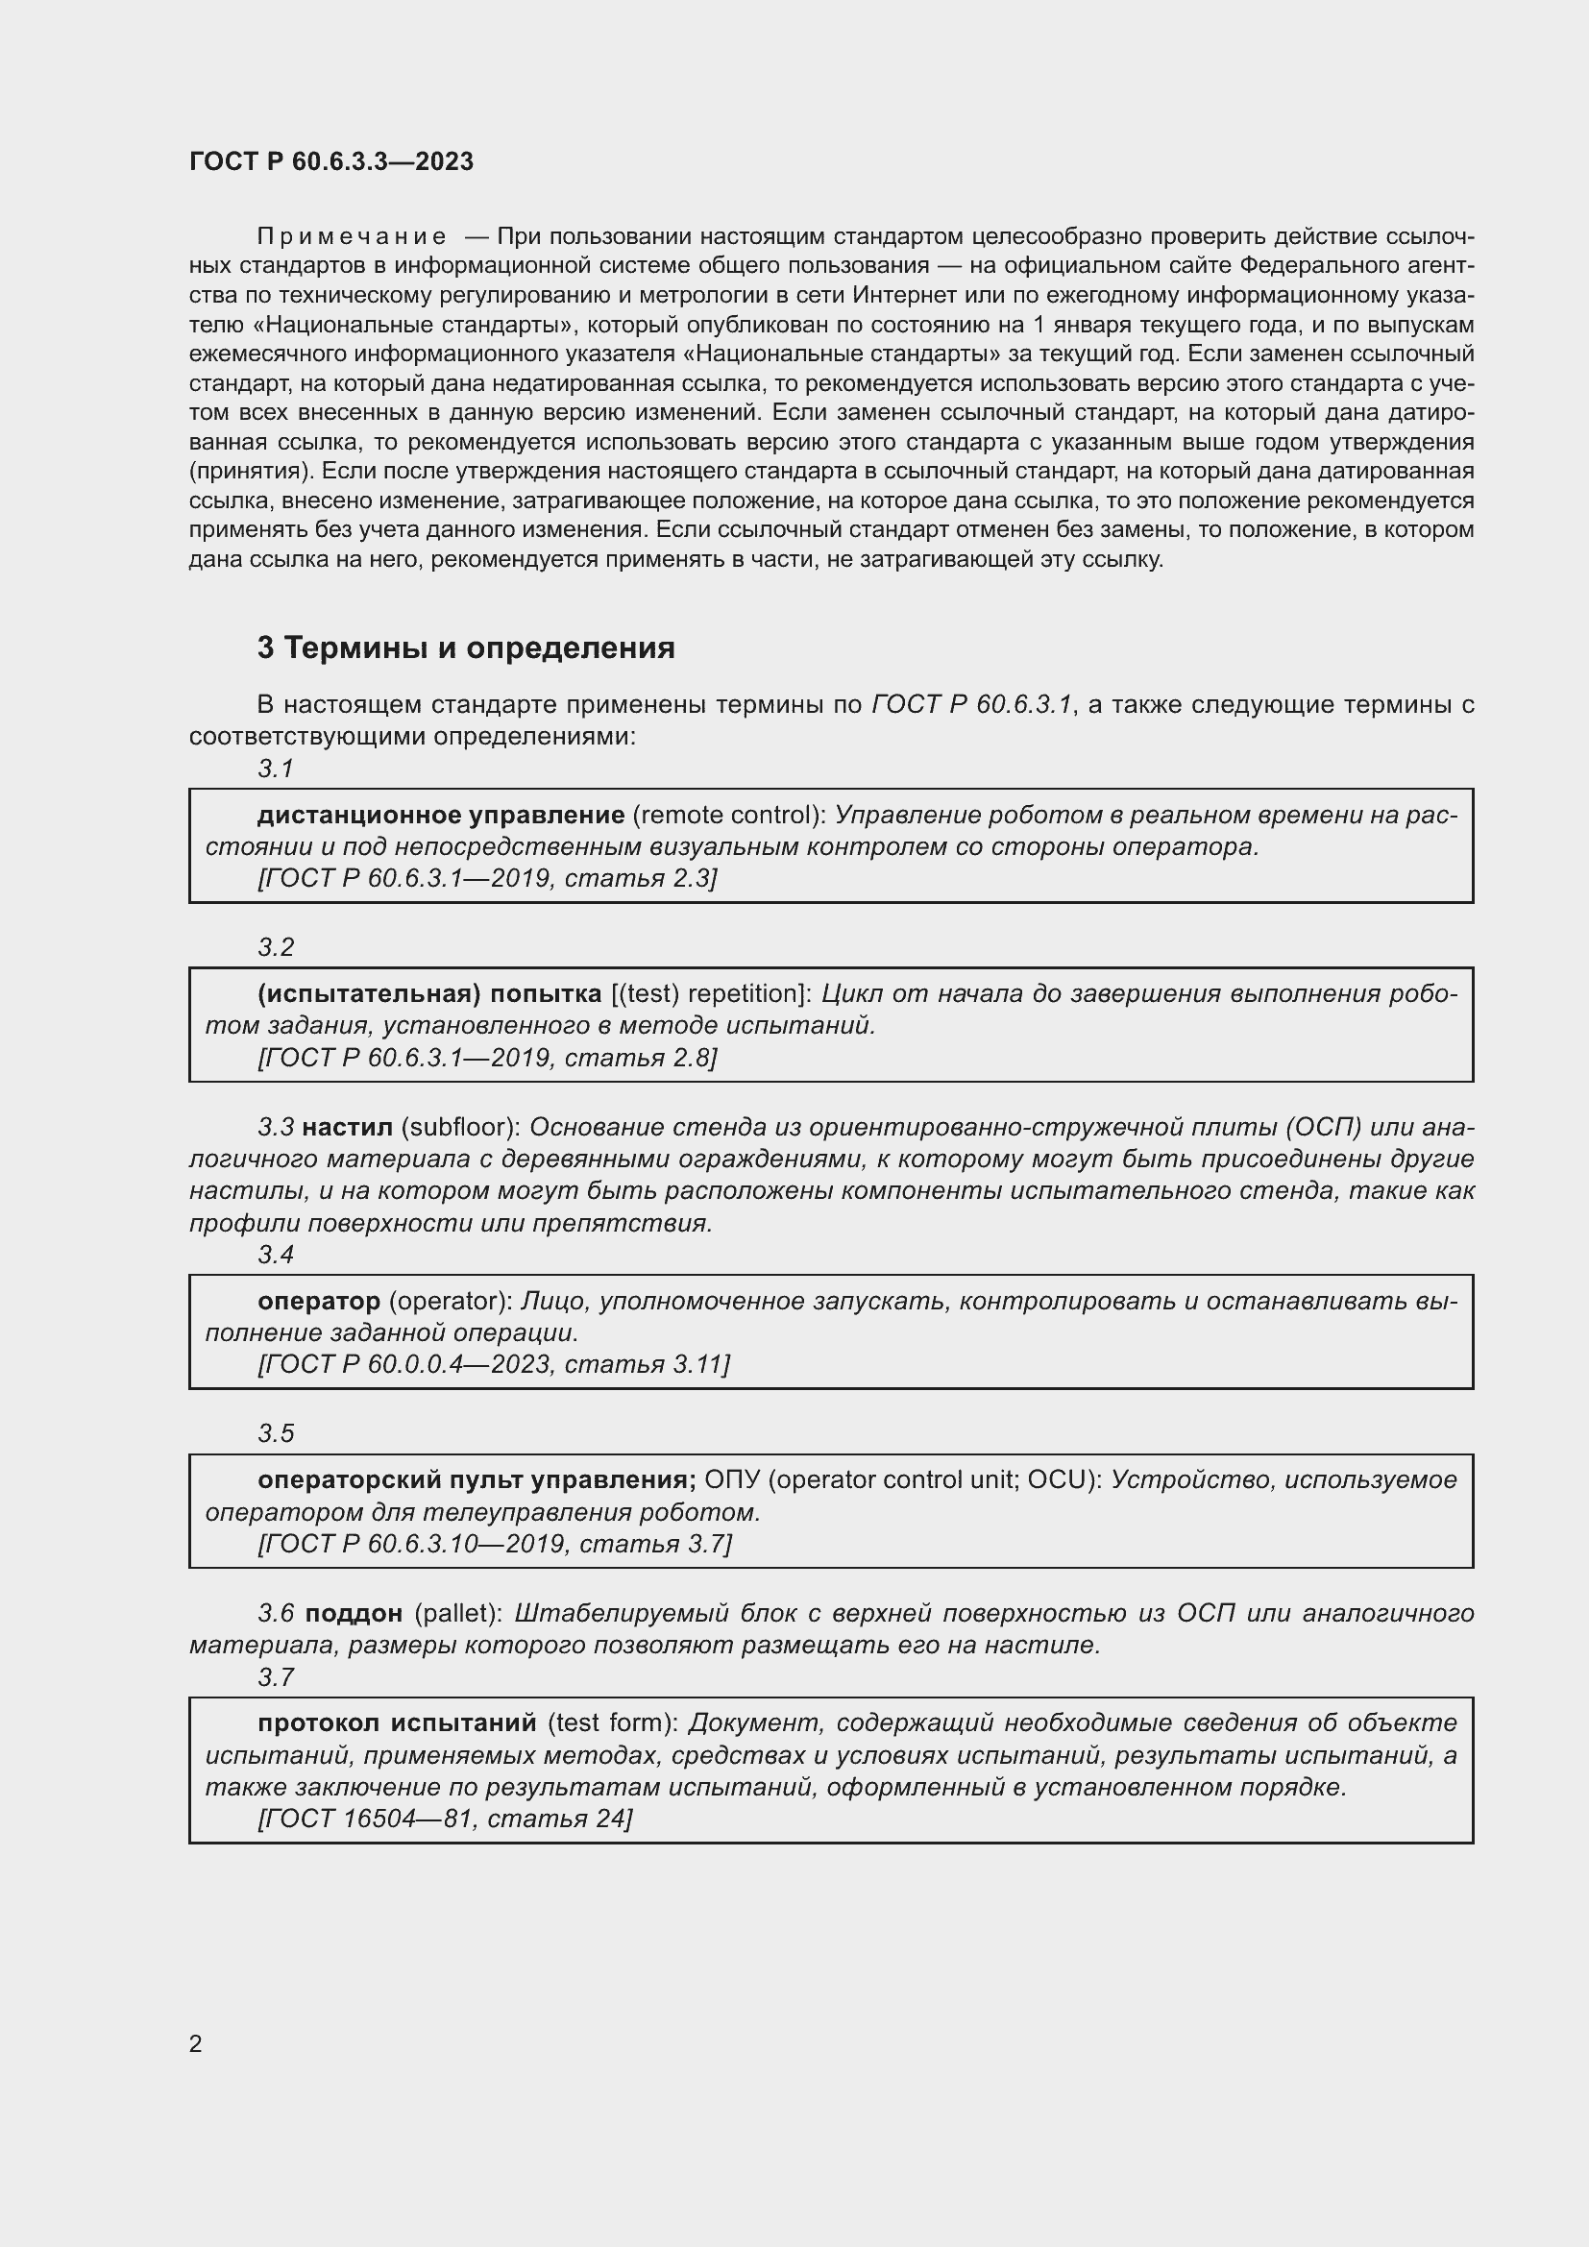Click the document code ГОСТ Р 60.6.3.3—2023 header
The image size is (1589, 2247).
pos(330,161)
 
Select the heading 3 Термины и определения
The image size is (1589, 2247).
pos(466,647)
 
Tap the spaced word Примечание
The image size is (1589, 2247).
pos(352,237)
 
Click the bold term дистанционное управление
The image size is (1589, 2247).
pos(440,816)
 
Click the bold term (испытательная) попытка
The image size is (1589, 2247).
pos(429,994)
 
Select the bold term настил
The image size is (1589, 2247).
pos(347,1128)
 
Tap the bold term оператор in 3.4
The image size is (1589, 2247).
pos(318,1302)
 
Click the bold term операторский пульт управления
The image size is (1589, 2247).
pos(477,1479)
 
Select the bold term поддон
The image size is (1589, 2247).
pos(354,1614)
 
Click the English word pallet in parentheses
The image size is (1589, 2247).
pos(459,1614)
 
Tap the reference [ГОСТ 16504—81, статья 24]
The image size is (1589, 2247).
pos(445,1819)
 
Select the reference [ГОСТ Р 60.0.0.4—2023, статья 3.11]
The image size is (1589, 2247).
pos(493,1364)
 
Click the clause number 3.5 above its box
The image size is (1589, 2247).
pos(276,1433)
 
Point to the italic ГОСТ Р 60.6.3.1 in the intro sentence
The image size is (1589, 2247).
pos(971,704)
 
